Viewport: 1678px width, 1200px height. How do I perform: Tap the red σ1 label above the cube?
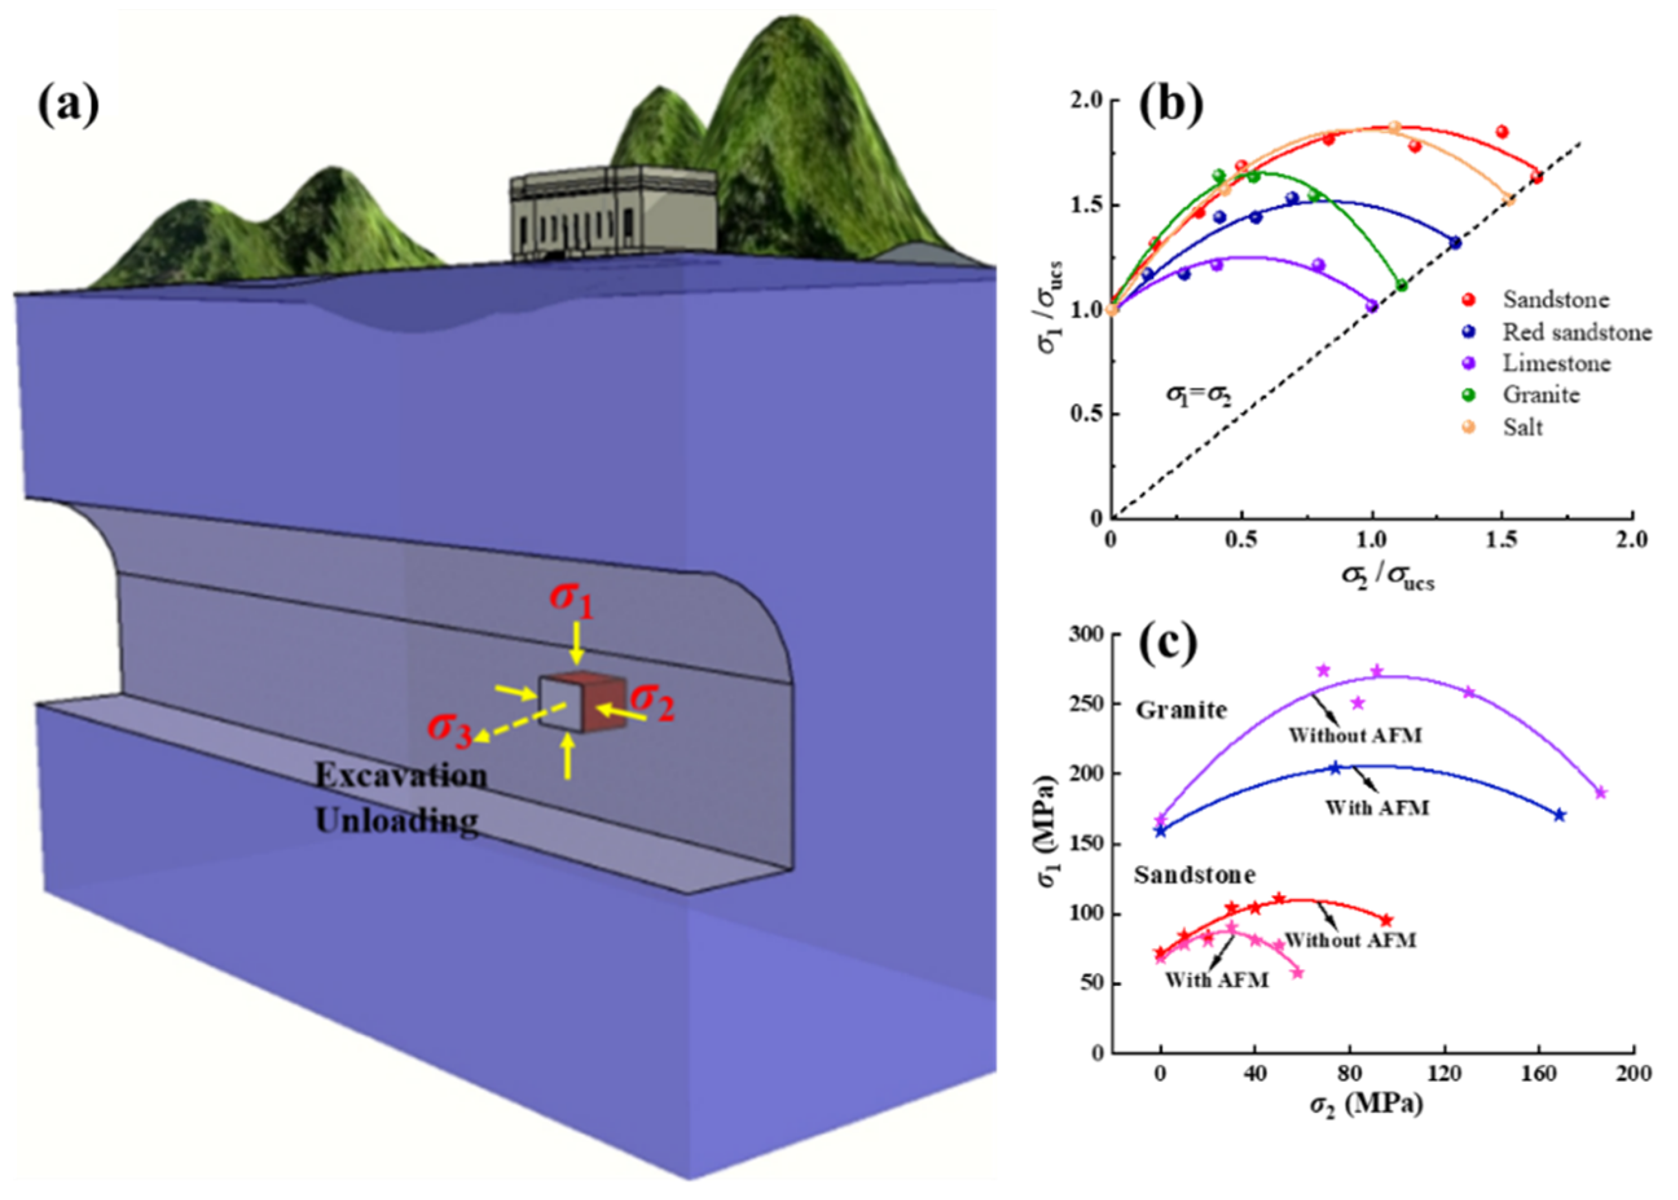(x=571, y=600)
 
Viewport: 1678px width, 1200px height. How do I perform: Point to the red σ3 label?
(x=450, y=730)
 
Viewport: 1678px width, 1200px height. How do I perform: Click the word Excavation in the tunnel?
(x=401, y=776)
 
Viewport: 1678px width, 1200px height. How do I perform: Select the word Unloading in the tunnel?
(x=397, y=821)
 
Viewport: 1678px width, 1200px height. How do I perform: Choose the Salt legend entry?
(x=1523, y=427)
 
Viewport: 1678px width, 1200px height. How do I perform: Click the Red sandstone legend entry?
(x=1577, y=333)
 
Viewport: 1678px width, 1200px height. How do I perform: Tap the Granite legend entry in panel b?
(x=1541, y=395)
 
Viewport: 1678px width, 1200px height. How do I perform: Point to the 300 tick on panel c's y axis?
(x=1086, y=635)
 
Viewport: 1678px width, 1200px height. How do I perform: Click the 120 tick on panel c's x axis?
(x=1444, y=1074)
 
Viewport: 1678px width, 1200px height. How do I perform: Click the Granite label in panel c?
(x=1181, y=710)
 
